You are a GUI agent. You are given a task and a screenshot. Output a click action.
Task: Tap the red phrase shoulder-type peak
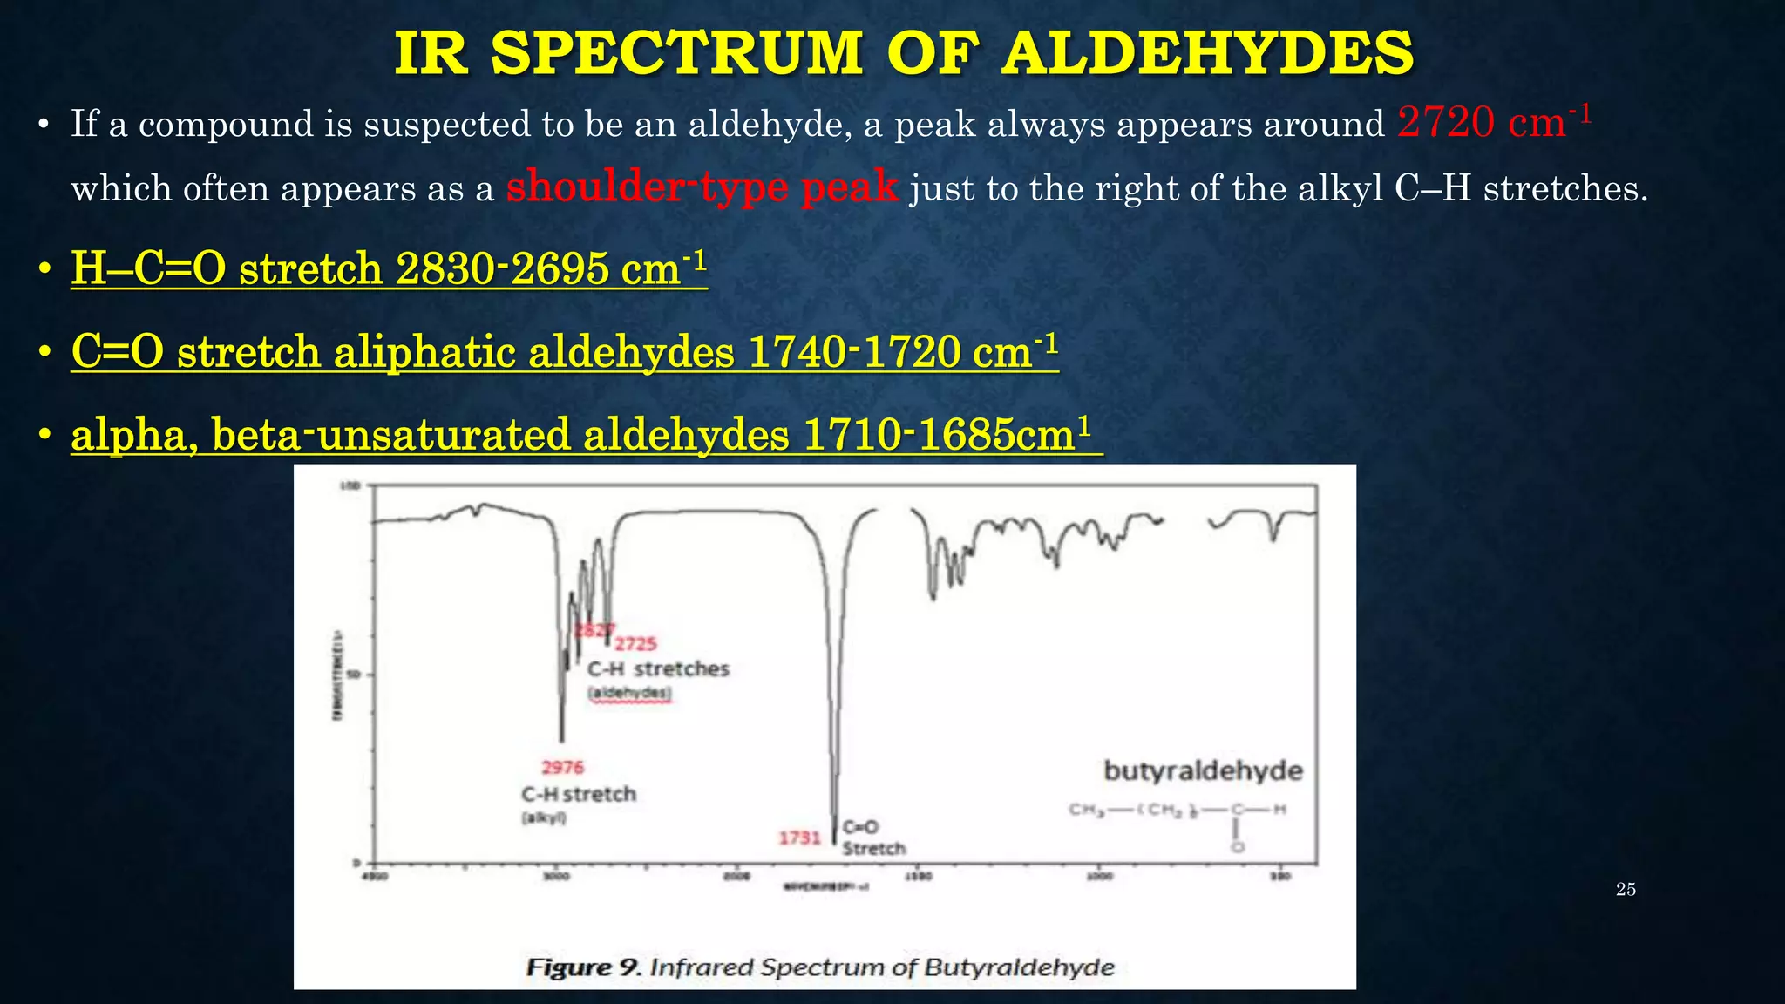(702, 187)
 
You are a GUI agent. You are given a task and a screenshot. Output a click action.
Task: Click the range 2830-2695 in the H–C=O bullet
(502, 268)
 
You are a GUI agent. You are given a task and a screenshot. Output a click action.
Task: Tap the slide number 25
(1626, 889)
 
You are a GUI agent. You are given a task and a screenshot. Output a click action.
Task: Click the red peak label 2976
(562, 767)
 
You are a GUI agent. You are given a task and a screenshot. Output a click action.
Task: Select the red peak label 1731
(799, 838)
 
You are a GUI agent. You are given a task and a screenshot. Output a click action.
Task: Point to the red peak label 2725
(635, 644)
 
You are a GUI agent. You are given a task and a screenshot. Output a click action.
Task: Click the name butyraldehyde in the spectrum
(1203, 770)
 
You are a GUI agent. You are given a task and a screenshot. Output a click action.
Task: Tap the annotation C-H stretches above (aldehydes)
(658, 668)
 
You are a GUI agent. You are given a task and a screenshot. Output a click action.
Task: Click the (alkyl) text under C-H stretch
(544, 817)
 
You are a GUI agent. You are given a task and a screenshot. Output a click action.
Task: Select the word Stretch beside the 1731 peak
(874, 848)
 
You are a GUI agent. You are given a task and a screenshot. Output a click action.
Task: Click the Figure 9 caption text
(820, 967)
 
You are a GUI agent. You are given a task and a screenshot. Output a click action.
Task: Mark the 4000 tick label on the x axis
(375, 877)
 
